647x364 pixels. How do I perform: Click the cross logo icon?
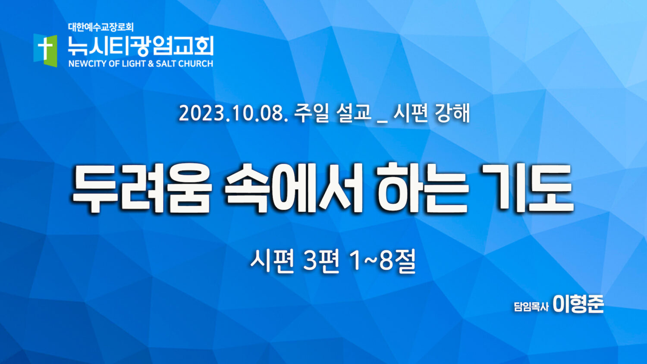[x=45, y=50]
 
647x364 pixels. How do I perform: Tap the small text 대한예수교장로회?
[x=101, y=27]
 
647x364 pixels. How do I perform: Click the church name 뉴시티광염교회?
[x=141, y=46]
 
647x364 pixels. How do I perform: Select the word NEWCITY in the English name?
[x=88, y=63]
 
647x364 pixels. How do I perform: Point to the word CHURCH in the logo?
[x=195, y=63]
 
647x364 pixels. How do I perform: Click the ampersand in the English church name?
[x=151, y=63]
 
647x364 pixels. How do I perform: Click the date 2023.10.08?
[x=233, y=113]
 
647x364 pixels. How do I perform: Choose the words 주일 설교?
[x=332, y=113]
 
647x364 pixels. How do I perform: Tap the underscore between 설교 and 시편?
[x=382, y=121]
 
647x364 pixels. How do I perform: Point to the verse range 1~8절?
[x=383, y=262]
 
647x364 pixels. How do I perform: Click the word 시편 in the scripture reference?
[x=272, y=262]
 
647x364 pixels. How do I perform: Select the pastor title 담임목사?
[x=531, y=307]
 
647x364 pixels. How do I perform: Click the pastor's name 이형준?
[x=578, y=304]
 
